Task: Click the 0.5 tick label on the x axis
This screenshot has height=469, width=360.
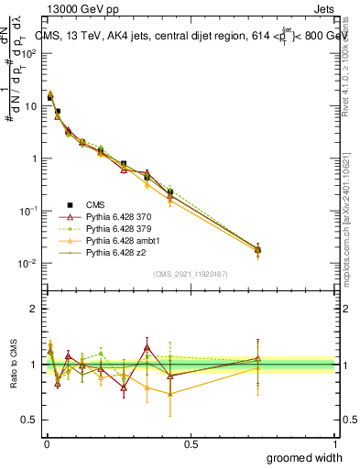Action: click(x=191, y=443)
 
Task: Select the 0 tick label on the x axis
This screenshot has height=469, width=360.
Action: click(x=46, y=443)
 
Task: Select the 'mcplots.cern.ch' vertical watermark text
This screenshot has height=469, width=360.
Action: click(x=350, y=220)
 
